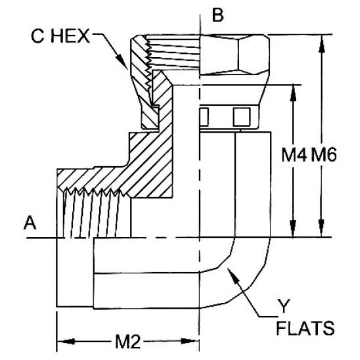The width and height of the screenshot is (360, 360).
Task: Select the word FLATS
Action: pos(305,328)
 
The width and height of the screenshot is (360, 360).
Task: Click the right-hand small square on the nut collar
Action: pos(241,117)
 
